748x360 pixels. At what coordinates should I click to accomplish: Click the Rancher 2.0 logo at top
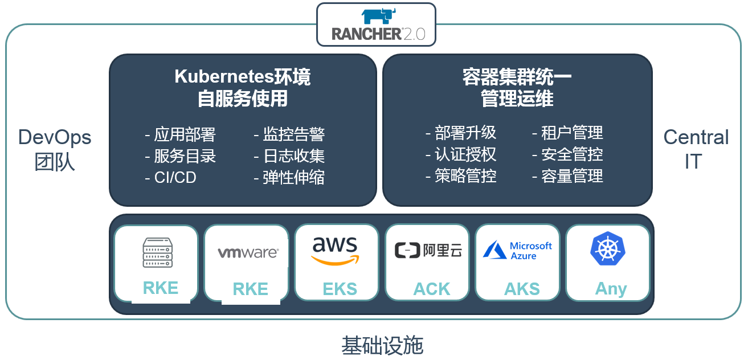(376, 24)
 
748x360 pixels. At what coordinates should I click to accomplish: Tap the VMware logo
(248, 252)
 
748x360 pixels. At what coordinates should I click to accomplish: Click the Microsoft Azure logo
(517, 251)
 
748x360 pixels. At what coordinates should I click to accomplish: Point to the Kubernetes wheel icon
(607, 249)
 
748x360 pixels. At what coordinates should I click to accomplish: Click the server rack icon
(157, 252)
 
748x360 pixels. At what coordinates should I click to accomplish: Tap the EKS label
(340, 289)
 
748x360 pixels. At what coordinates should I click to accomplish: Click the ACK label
(431, 289)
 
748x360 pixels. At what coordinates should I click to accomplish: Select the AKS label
(522, 289)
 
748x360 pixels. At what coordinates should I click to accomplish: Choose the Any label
(611, 289)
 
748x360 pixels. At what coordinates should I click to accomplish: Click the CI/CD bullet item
(171, 177)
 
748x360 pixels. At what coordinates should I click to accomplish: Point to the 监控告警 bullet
(289, 134)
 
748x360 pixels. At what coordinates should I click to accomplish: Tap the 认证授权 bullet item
(461, 154)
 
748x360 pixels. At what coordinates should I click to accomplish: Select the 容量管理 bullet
(567, 176)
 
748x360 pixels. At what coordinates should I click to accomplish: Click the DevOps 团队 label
(55, 149)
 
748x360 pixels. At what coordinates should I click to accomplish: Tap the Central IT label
(696, 149)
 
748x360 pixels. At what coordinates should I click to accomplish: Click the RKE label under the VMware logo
(250, 289)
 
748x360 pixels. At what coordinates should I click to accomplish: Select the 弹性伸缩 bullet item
(289, 177)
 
